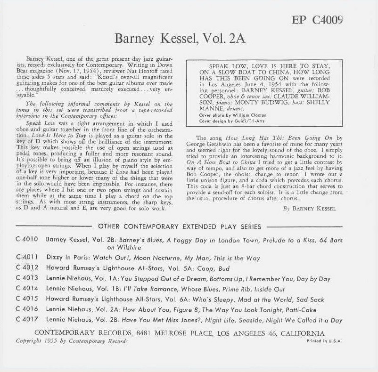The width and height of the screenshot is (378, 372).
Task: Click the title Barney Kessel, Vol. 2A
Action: (180, 38)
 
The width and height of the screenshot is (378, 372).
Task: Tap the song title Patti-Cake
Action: (299, 310)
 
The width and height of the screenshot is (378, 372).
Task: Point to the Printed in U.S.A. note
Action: (324, 341)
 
